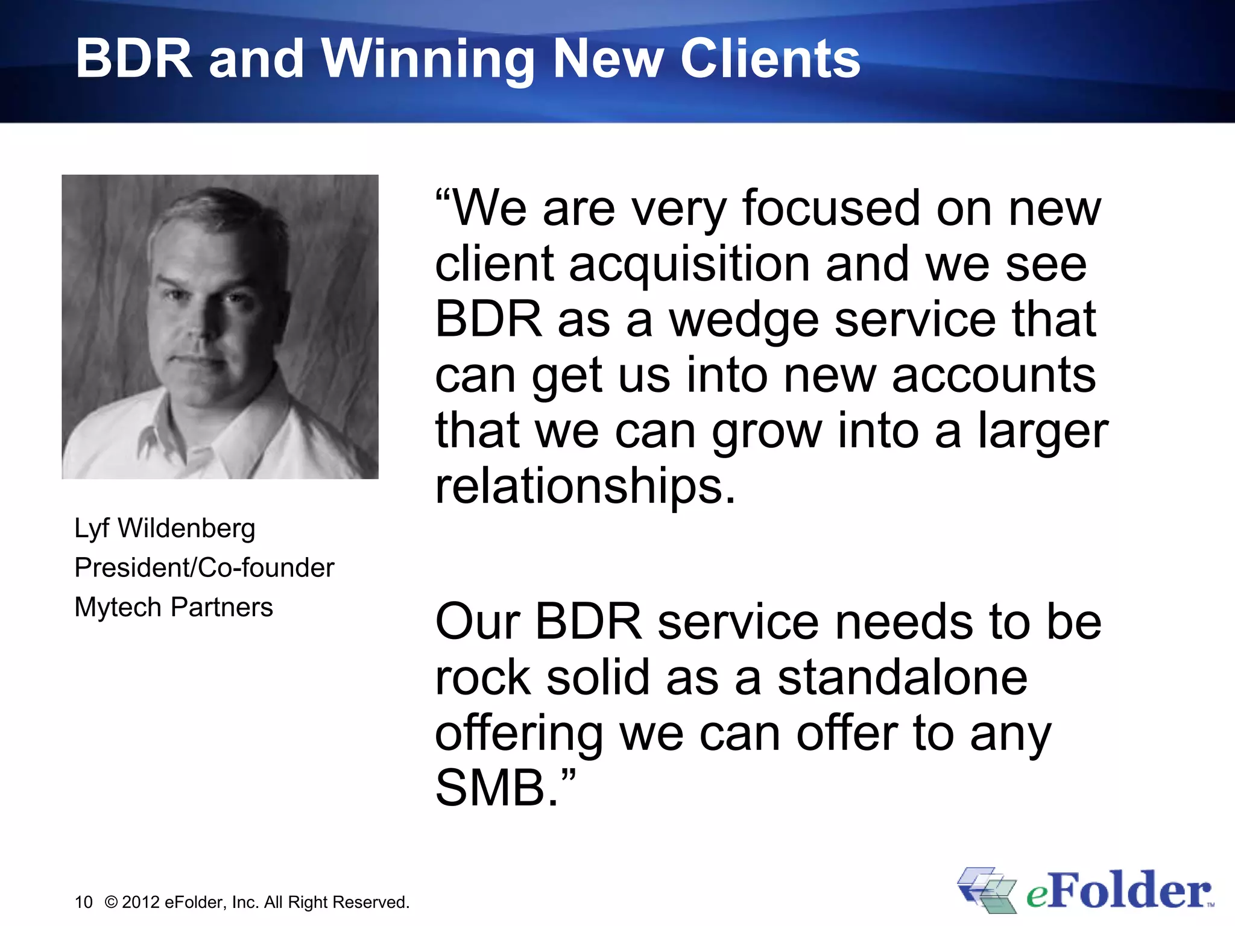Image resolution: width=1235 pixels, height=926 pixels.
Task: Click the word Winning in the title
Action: point(428,59)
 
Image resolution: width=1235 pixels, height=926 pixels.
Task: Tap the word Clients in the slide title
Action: point(770,59)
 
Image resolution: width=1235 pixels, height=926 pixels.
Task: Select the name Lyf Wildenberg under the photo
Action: point(165,528)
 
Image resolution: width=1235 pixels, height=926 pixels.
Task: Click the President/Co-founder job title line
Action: point(204,568)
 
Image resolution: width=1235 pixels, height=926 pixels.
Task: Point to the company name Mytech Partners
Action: point(174,607)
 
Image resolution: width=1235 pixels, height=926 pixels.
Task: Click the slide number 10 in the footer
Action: point(83,902)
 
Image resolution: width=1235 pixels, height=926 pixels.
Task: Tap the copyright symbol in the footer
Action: point(111,902)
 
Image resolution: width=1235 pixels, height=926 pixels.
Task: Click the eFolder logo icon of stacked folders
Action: point(987,890)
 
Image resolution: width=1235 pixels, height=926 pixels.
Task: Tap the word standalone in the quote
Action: point(902,678)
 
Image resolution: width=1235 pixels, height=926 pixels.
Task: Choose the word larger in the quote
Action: point(1043,432)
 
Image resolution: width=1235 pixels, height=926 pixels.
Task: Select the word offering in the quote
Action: point(519,734)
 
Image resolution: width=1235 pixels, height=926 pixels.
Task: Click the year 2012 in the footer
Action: point(141,902)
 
